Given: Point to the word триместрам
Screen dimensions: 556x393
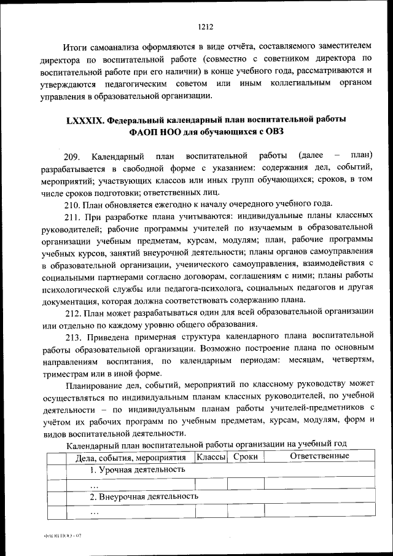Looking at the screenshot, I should [x=66, y=373].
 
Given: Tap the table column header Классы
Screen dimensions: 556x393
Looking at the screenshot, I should [x=210, y=456].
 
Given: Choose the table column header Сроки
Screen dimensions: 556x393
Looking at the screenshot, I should [x=245, y=456].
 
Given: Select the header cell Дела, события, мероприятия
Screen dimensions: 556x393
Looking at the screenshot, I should [x=130, y=458].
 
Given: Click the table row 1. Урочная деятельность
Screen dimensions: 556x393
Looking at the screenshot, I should [x=138, y=469].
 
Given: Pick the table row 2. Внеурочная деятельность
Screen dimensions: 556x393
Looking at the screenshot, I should [x=144, y=496].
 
